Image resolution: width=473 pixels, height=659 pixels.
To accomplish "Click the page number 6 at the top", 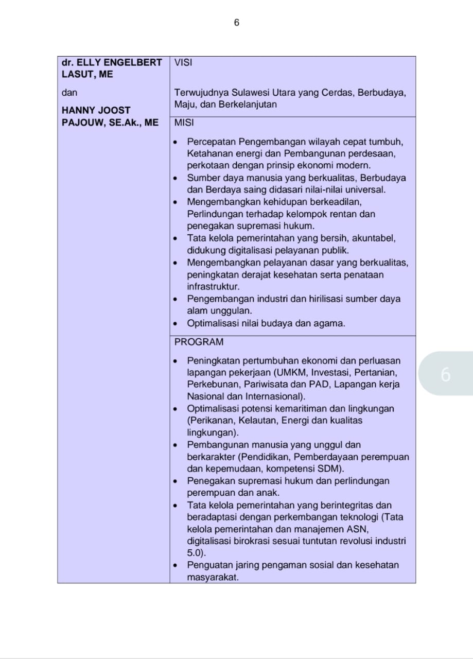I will [x=236, y=23].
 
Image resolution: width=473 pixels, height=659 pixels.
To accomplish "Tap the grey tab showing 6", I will [x=446, y=374].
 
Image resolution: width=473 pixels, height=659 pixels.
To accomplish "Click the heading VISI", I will [x=183, y=63].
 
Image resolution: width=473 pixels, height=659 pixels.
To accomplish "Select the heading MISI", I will [x=184, y=124].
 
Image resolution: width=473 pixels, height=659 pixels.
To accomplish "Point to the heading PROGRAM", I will [x=199, y=342].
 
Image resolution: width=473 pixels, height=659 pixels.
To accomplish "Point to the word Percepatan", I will [x=212, y=142].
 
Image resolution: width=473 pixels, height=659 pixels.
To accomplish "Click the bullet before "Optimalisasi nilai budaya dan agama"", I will [x=176, y=324].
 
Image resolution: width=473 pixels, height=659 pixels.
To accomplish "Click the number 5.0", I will [x=195, y=553].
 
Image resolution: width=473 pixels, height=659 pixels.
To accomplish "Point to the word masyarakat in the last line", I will [x=213, y=577].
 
